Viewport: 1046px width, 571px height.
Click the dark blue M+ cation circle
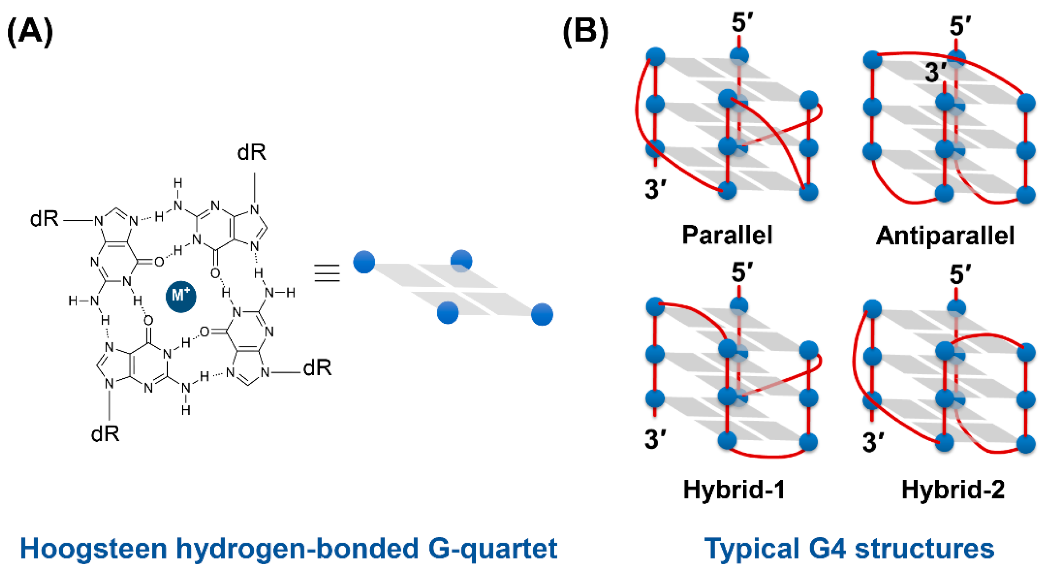(x=181, y=296)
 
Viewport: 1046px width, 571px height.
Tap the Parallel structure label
(x=727, y=235)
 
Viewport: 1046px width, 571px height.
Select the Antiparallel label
(x=944, y=236)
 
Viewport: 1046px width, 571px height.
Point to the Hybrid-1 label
(x=734, y=489)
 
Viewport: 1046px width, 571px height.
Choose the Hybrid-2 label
(x=953, y=489)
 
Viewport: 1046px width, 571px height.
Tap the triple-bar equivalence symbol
(x=327, y=273)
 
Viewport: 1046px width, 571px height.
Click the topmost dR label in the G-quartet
(x=252, y=153)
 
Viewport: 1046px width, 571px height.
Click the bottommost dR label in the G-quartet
(x=105, y=434)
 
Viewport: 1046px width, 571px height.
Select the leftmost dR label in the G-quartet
(x=44, y=219)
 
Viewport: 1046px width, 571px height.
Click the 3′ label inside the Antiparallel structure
(x=936, y=73)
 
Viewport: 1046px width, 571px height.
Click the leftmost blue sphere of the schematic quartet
(x=364, y=262)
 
